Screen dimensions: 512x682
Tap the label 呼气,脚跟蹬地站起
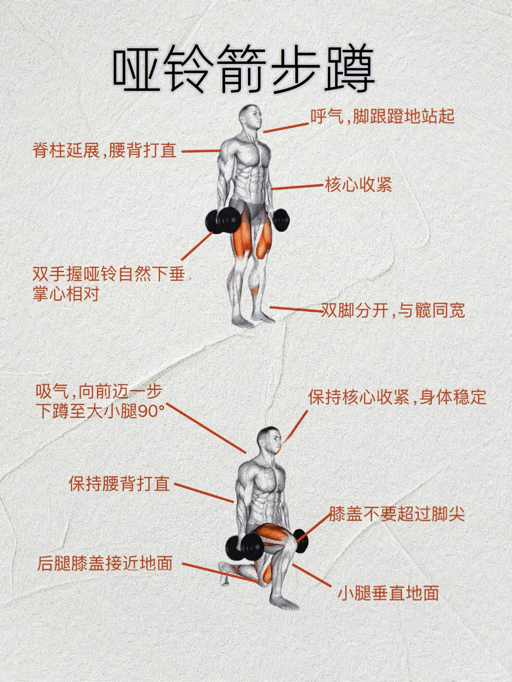pos(383,117)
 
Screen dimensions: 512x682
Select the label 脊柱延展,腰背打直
pos(104,151)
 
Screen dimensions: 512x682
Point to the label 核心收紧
pos(358,185)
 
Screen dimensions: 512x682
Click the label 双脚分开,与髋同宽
pos(393,310)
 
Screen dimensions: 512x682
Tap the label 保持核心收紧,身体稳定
pos(397,397)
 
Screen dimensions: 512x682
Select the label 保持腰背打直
pos(119,484)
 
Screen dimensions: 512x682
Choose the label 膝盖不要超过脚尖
pos(397,514)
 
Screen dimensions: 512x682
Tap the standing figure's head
pos(251,117)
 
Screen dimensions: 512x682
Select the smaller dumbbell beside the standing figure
pos(281,220)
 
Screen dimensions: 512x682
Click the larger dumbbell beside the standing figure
pos(223,221)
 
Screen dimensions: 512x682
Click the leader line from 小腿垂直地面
pos(312,575)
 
